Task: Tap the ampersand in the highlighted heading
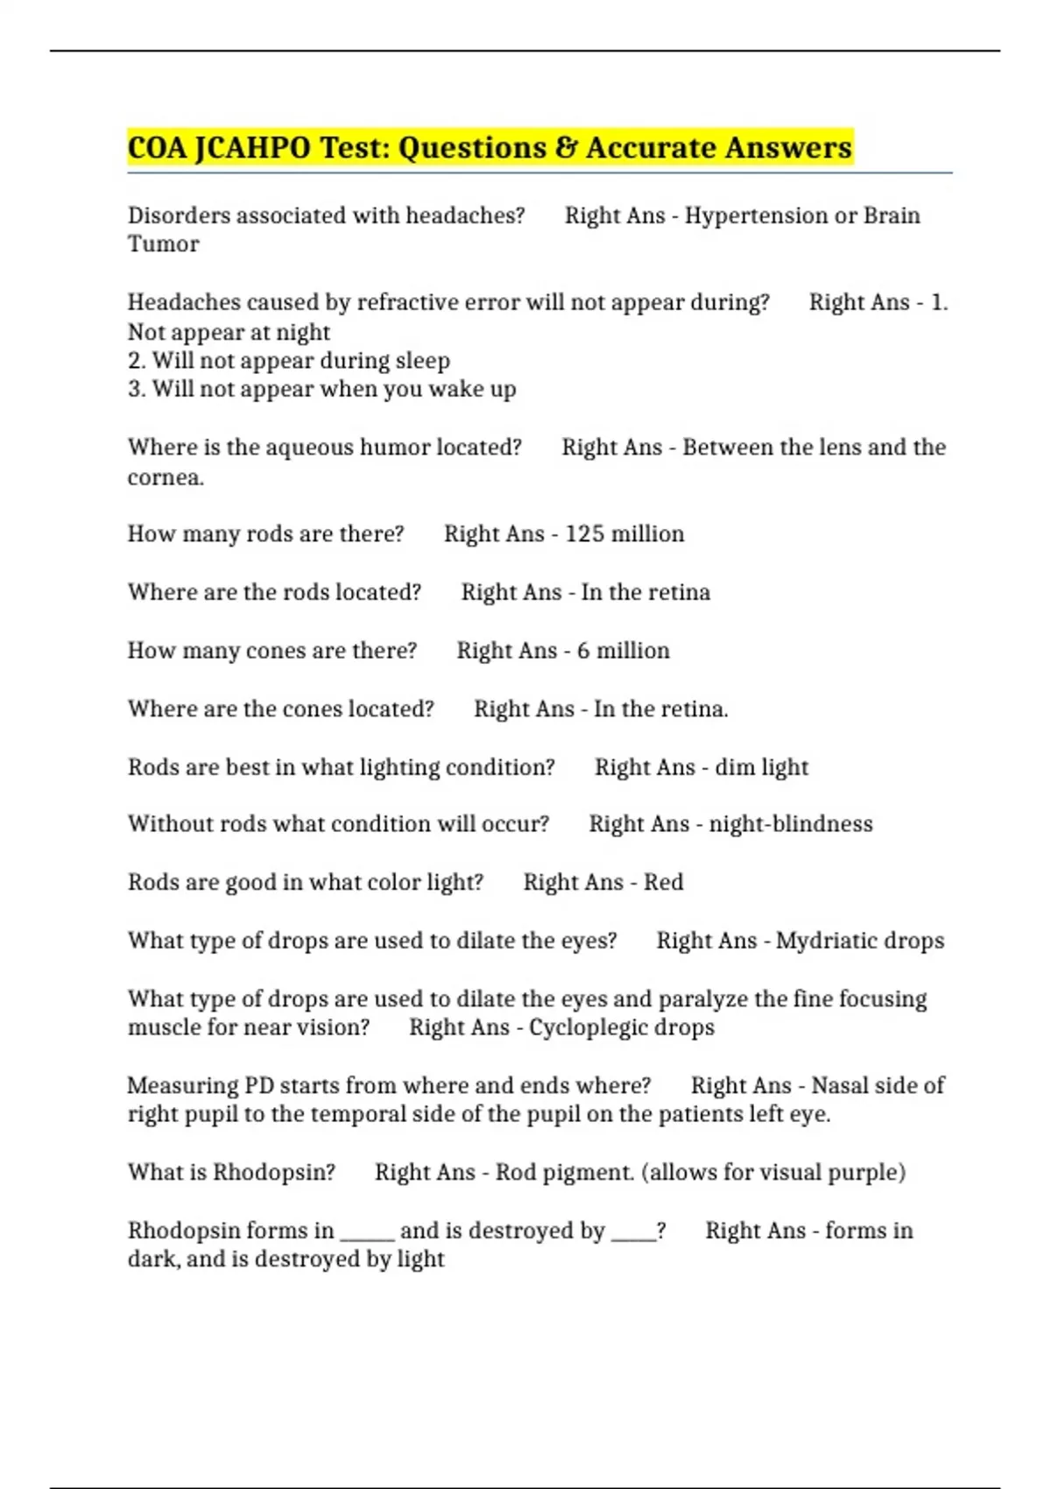click(566, 148)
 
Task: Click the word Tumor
click(163, 244)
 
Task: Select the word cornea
click(164, 477)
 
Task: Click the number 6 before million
click(583, 651)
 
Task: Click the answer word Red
click(663, 882)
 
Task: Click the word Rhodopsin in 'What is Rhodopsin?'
click(273, 1173)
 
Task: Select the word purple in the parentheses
click(862, 1173)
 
